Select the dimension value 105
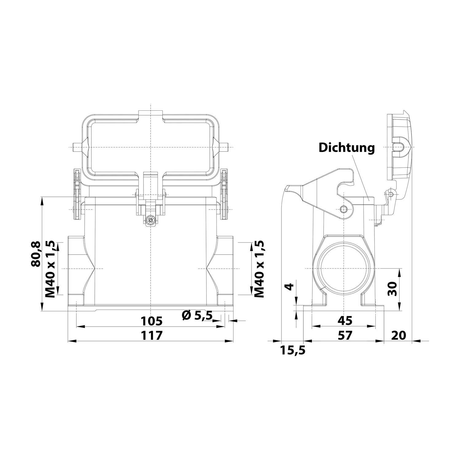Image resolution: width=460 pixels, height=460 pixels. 151,321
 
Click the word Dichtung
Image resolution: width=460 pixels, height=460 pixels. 347,148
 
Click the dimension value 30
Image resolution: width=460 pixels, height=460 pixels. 392,289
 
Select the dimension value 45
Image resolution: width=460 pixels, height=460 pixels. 345,320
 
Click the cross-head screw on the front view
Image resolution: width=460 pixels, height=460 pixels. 150,220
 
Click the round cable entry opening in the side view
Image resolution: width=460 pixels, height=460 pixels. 344,268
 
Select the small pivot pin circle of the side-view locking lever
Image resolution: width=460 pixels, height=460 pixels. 343,209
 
